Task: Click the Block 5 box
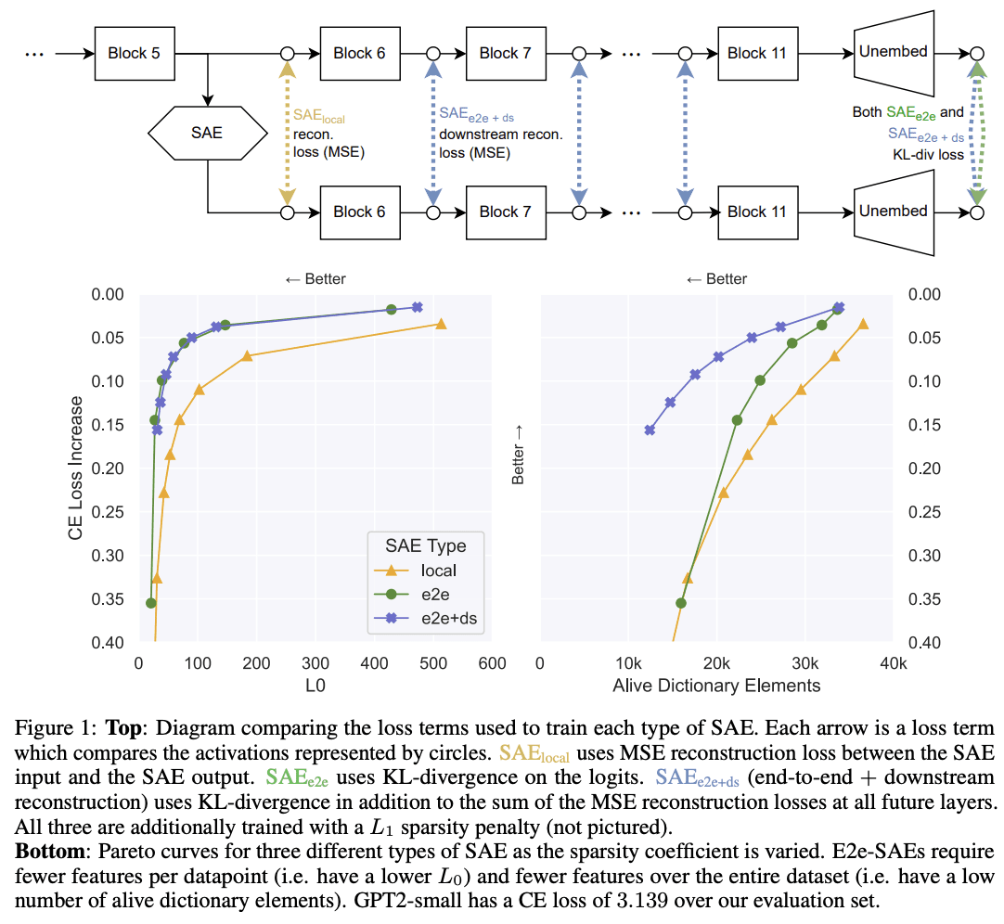pos(134,54)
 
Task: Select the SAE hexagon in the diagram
pos(206,133)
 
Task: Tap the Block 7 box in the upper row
pos(505,54)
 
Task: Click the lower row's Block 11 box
pos(757,212)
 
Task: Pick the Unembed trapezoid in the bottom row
pos(893,212)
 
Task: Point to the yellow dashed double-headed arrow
pos(287,133)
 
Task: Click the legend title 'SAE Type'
pos(426,545)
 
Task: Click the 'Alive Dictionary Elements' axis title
pos(716,686)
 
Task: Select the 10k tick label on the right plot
pos(629,663)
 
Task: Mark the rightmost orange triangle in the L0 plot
pos(441,324)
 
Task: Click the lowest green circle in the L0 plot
pos(151,603)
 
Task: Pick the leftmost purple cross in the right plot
pos(650,430)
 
